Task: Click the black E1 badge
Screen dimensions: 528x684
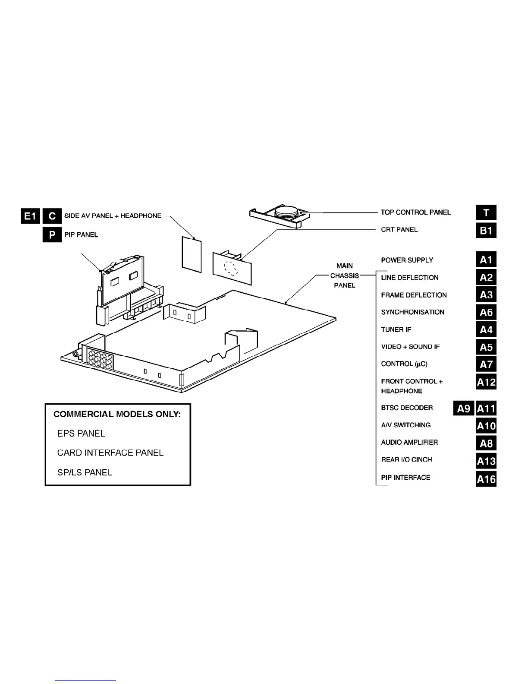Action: (30, 216)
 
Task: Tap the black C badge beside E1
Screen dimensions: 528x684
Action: (52, 216)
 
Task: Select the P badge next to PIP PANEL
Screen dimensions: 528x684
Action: (52, 234)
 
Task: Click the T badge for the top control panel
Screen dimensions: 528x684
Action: (486, 212)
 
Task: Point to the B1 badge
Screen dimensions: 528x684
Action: (486, 230)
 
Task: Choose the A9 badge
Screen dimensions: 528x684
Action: (463, 408)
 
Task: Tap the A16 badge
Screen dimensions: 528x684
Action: (486, 479)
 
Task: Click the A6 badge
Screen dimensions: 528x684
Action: (486, 312)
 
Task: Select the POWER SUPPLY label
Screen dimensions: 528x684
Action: (407, 260)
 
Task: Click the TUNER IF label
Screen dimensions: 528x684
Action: (396, 329)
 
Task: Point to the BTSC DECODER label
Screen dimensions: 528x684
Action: (407, 408)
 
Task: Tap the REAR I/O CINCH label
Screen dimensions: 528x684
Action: (406, 459)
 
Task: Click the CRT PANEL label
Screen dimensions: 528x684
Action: (399, 230)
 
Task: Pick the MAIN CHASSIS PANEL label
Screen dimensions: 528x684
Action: (345, 275)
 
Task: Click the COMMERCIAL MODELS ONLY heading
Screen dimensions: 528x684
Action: (117, 414)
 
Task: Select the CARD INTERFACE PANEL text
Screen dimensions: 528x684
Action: (110, 453)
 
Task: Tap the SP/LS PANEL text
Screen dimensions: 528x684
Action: (85, 472)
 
